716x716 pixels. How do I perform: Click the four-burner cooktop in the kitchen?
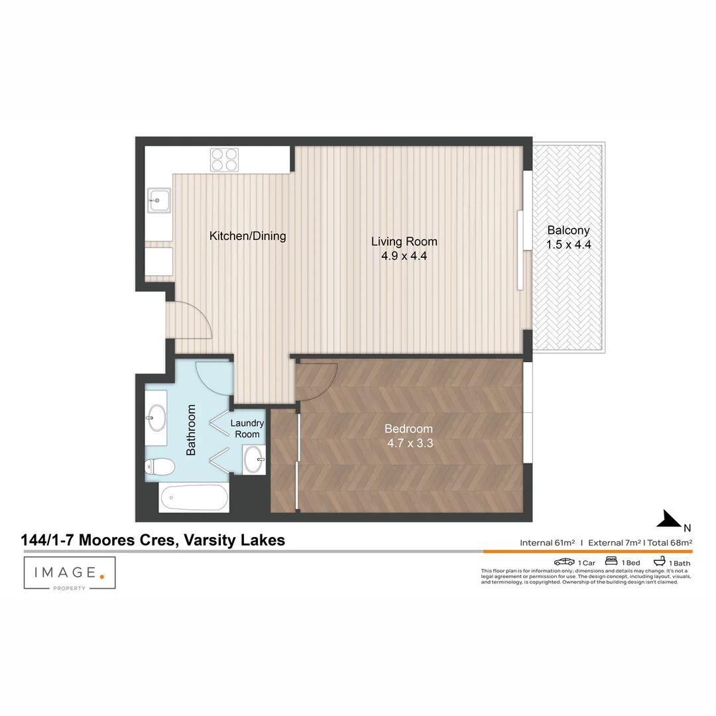click(224, 159)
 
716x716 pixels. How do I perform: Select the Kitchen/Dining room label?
click(247, 235)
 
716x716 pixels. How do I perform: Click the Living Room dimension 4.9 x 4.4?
click(404, 256)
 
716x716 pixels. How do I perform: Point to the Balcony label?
click(568, 231)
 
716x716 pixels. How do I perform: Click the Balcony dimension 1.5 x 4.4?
click(568, 245)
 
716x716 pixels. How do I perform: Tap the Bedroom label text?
click(410, 429)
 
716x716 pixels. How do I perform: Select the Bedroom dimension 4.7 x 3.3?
click(410, 444)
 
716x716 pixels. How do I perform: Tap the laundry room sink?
click(253, 459)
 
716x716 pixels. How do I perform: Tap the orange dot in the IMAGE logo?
click(101, 576)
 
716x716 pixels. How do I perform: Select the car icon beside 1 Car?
click(565, 562)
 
